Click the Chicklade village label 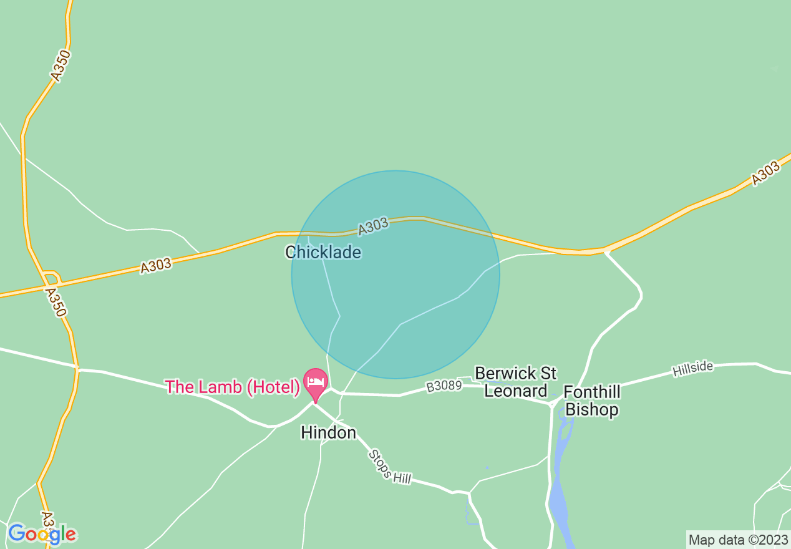click(x=323, y=252)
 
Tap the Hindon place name click(x=328, y=432)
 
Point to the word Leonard click(x=516, y=391)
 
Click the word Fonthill click(x=592, y=392)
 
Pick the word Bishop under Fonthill click(x=592, y=410)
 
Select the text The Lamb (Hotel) click(x=233, y=387)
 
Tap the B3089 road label click(x=444, y=387)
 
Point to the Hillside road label click(x=692, y=369)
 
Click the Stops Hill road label click(x=390, y=466)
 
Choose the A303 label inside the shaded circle click(x=374, y=226)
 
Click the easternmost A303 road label click(x=765, y=173)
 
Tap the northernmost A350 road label click(x=60, y=66)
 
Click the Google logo click(x=42, y=534)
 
